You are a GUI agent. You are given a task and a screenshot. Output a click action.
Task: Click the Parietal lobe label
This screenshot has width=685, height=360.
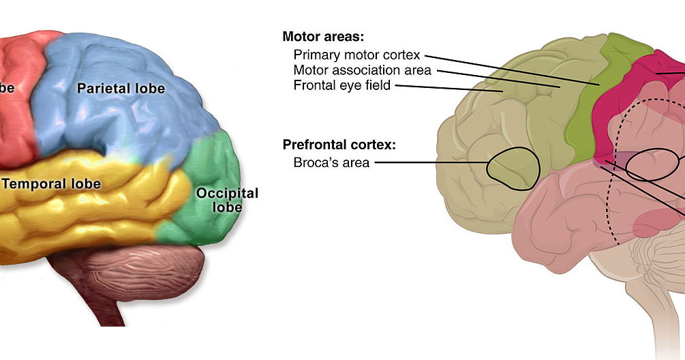(121, 89)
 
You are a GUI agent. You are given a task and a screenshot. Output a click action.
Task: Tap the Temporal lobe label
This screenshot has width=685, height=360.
(52, 184)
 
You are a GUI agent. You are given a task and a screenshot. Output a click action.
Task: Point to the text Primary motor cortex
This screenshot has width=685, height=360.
(356, 55)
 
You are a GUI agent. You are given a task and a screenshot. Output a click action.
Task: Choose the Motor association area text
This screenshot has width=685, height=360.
(362, 70)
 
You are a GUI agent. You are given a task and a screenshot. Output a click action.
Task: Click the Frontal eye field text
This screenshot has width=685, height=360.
(341, 86)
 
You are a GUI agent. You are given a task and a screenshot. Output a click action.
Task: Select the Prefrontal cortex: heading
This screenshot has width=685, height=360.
(339, 145)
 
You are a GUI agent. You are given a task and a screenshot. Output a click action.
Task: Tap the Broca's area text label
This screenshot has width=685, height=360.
(331, 162)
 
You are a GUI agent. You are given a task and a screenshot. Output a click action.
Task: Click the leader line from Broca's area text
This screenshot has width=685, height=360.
(429, 162)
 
